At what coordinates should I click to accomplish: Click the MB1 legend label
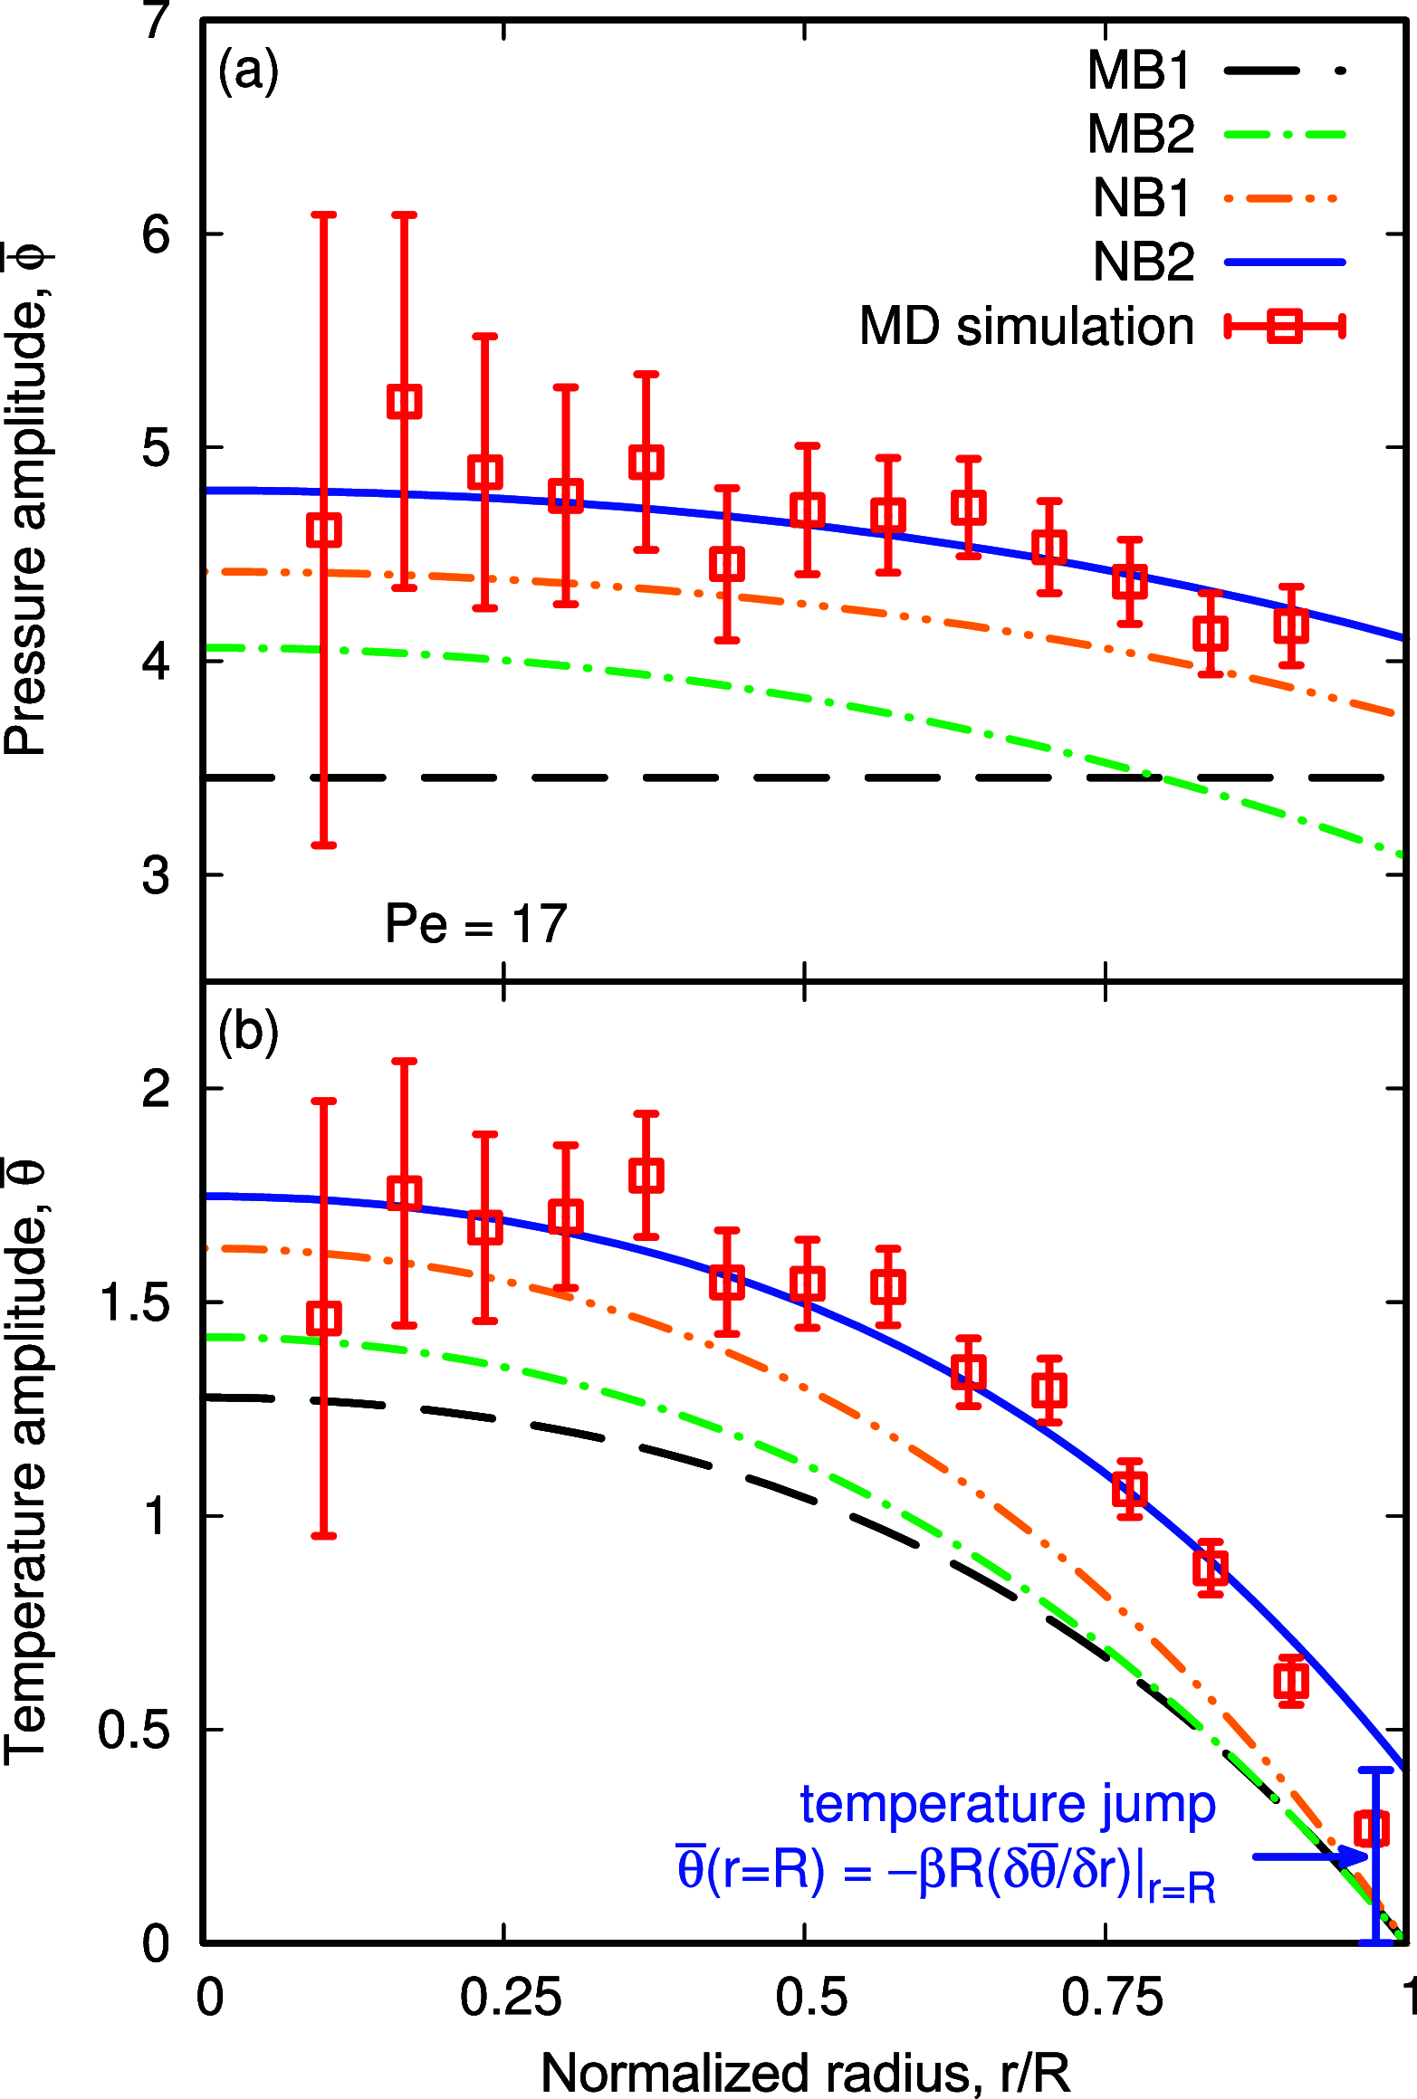click(x=1139, y=70)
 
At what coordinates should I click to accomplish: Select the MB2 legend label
click(x=1141, y=134)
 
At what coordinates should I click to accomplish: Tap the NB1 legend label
click(x=1143, y=197)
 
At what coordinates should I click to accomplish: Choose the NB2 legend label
click(x=1144, y=262)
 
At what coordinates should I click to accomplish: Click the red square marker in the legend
click(x=1285, y=326)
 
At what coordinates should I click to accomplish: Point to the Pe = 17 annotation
click(x=476, y=924)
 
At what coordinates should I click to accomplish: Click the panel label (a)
click(x=248, y=71)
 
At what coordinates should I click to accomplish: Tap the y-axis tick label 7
click(x=157, y=20)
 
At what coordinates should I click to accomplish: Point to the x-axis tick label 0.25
click(x=510, y=1998)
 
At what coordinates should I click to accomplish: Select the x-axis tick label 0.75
click(x=1112, y=1998)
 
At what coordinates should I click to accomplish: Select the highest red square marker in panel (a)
click(x=405, y=401)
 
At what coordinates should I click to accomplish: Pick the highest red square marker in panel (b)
click(x=646, y=1176)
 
